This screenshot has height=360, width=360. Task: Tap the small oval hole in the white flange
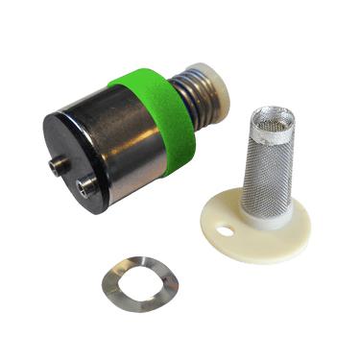(x=227, y=229)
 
